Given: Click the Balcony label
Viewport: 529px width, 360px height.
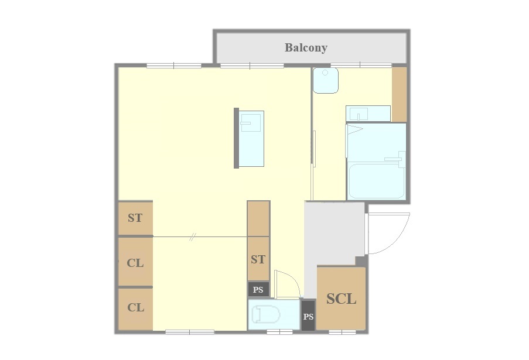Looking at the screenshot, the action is coord(306,47).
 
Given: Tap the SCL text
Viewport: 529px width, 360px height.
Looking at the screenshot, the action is coord(341,299).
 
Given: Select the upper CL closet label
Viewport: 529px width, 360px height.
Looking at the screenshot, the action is coord(135,263).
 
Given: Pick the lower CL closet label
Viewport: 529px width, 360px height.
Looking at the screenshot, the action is coord(136,307).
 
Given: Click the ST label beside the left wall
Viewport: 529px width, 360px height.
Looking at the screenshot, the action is coord(135,218).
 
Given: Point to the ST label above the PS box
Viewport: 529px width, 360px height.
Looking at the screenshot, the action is coord(258,259).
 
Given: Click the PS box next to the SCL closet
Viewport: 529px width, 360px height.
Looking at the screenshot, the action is coord(308,316).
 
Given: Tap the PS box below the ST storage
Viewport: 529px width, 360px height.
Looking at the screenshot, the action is coord(258,290).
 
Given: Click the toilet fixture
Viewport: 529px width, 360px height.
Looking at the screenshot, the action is coord(266,315).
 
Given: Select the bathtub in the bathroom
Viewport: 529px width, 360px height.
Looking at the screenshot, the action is coord(376,181).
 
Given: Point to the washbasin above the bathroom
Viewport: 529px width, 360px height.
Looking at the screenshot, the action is coord(368,114).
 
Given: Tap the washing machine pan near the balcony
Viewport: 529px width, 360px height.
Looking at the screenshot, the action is coord(325,80).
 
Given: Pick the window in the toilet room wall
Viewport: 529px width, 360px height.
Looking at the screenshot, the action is coord(279,332).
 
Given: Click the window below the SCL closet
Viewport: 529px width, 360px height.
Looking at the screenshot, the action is coord(342,332).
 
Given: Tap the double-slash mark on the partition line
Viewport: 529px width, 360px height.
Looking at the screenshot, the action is coord(192,237).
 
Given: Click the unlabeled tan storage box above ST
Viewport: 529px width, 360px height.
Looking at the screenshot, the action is coord(258,218).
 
